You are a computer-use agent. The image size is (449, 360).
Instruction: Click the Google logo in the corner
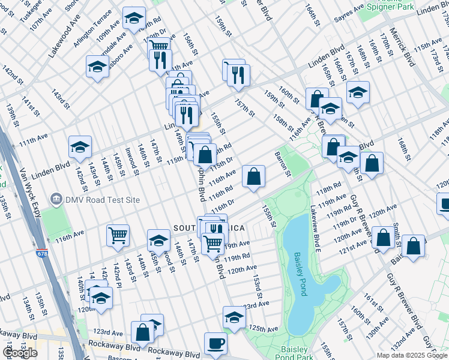pyautogui.click(x=20, y=352)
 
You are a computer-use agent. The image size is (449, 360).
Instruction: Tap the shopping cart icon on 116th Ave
pyautogui.click(x=118, y=235)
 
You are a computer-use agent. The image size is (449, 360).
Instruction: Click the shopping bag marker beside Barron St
pyautogui.click(x=254, y=177)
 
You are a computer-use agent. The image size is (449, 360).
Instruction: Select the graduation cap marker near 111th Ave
pyautogui.click(x=79, y=147)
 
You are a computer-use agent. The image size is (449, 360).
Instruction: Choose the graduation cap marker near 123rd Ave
pyautogui.click(x=234, y=316)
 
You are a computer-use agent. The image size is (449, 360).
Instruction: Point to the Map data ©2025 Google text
pyautogui.click(x=412, y=355)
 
